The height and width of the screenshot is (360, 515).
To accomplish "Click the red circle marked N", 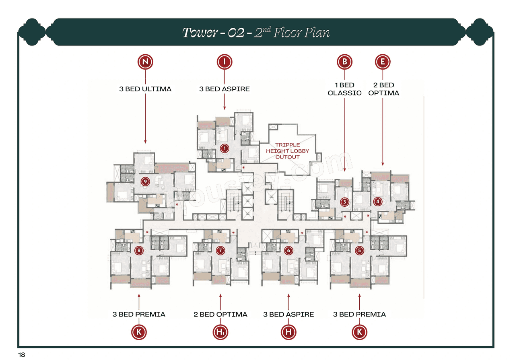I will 145,62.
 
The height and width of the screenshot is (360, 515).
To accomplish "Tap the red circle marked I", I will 225,62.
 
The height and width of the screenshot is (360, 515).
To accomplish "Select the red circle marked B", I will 344,62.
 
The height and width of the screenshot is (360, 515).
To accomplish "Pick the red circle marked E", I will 382,62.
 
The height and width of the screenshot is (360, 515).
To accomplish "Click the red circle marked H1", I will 220,332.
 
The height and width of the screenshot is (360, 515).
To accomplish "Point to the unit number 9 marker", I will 146,182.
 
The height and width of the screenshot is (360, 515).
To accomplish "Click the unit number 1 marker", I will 225,148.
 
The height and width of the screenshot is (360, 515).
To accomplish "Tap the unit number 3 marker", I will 344,202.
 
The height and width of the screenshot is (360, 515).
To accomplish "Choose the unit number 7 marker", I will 220,251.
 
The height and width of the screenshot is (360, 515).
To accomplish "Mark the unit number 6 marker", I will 288,251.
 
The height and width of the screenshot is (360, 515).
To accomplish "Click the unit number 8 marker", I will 139,251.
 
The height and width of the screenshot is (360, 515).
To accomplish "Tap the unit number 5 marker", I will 359,251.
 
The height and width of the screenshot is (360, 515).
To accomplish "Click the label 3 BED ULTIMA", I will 145,89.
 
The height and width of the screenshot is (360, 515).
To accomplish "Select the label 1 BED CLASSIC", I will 344,89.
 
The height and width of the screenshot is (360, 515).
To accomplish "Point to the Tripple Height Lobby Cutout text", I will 288,151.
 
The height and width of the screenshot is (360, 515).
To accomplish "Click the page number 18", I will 21,354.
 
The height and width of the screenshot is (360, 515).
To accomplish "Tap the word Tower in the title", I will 199,33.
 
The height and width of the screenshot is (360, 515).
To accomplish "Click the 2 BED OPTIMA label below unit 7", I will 220,314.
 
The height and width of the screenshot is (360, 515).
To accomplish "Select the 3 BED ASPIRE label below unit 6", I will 288,314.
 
